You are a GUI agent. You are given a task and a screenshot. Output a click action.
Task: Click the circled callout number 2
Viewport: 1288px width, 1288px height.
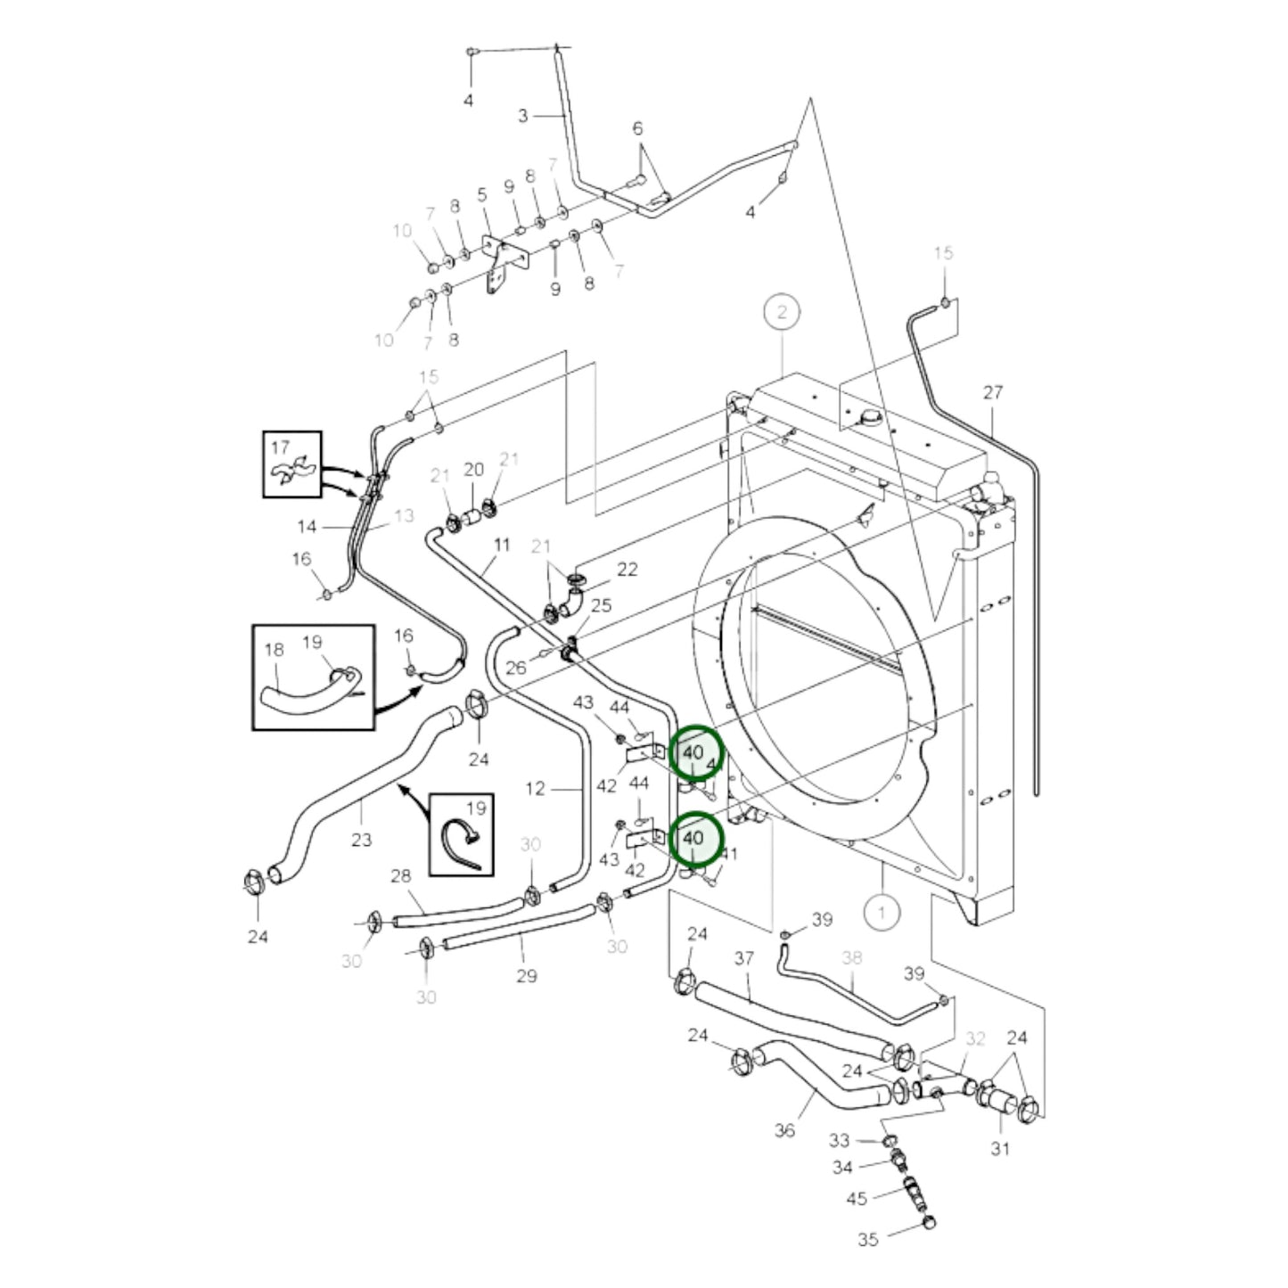pos(782,312)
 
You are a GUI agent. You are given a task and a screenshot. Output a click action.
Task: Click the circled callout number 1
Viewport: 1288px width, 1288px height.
pos(882,912)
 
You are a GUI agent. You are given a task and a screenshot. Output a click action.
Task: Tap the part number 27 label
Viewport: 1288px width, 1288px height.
pos(993,392)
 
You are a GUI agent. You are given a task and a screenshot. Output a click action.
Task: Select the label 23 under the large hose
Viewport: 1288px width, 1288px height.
pos(361,839)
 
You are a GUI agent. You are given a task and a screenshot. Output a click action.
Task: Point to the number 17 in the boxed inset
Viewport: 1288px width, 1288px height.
pos(281,447)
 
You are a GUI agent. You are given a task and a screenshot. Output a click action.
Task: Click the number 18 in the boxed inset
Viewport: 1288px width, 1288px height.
pos(274,649)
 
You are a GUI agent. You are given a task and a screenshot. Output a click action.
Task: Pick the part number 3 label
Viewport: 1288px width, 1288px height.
pos(523,115)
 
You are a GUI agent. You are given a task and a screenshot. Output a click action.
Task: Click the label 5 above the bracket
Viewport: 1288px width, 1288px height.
pos(482,194)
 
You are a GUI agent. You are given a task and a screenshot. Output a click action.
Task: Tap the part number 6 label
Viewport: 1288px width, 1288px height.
pos(637,128)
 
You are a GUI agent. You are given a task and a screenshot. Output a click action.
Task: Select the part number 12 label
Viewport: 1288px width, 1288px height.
pos(535,788)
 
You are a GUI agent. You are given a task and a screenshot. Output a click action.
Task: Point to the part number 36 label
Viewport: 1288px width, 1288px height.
pos(784,1130)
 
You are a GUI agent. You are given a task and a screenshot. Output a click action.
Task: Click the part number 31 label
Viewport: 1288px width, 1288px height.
pos(1000,1148)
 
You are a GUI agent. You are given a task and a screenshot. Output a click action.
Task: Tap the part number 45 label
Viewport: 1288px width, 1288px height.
pos(857,1198)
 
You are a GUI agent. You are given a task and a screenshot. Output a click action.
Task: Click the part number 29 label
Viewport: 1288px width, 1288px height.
pos(527,976)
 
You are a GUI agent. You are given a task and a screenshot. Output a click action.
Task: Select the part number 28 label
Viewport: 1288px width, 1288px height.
pos(401,877)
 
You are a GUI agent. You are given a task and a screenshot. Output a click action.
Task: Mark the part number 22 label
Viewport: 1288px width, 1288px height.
pos(628,569)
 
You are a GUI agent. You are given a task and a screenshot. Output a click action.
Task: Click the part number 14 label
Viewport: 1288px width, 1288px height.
pos(307,527)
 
